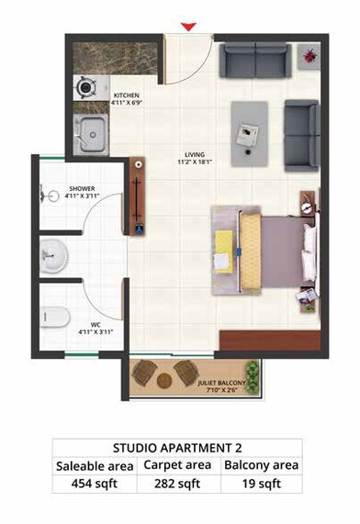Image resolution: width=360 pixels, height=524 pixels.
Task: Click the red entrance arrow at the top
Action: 188,28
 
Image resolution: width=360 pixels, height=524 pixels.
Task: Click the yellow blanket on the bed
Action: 224,250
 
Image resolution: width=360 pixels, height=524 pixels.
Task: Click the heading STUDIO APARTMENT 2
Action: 177,449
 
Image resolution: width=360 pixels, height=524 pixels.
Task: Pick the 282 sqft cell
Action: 178,485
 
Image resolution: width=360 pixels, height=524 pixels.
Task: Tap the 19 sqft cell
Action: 262,485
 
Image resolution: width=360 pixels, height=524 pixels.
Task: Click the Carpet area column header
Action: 178,467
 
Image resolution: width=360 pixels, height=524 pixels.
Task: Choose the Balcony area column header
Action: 262,467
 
